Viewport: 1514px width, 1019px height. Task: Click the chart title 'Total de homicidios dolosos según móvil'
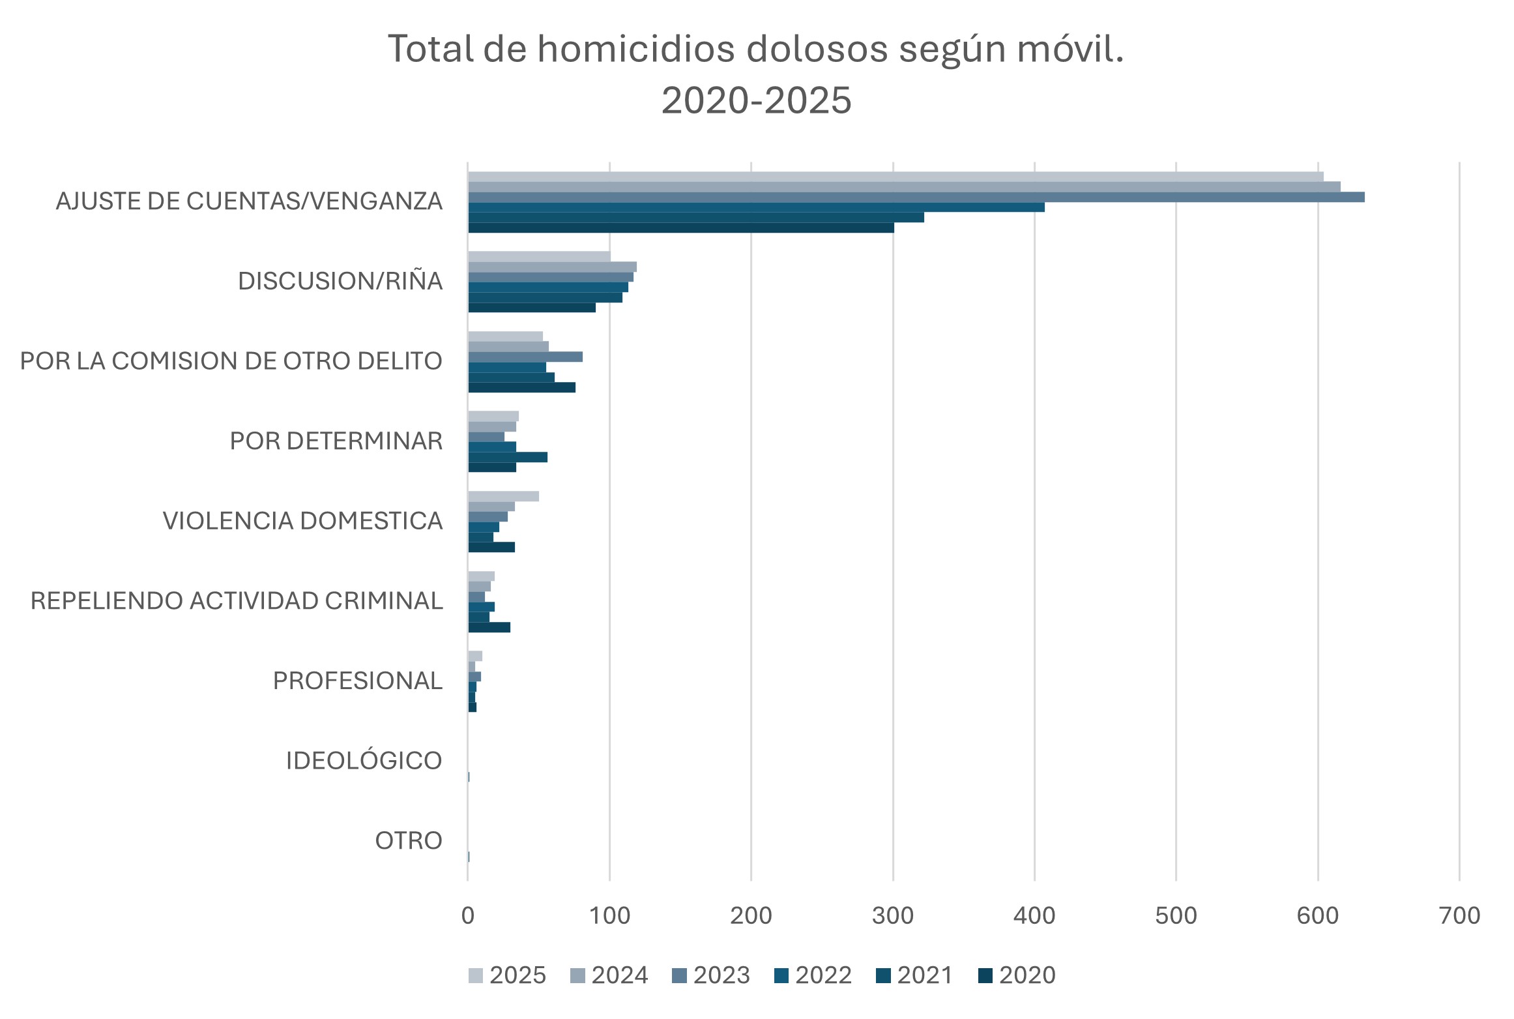coord(756,49)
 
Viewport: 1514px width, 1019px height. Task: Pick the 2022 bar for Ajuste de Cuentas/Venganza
coord(756,207)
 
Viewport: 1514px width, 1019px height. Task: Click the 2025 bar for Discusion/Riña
coord(539,256)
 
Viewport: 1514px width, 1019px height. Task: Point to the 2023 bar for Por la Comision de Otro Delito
coord(525,357)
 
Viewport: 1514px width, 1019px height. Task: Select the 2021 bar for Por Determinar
coord(508,457)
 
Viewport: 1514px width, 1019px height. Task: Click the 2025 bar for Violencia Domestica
coord(503,496)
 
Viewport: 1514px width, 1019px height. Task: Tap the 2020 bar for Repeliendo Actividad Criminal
coord(489,627)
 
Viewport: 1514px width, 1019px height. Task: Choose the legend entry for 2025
coord(507,975)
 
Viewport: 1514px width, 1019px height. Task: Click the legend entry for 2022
coord(813,975)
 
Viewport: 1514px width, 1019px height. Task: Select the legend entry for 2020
coord(1017,975)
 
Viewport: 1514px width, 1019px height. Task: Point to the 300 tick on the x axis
coord(892,916)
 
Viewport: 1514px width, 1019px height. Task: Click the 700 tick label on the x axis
coord(1459,916)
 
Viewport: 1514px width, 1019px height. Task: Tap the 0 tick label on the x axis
coord(467,916)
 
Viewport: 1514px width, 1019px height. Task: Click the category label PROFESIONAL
coord(357,681)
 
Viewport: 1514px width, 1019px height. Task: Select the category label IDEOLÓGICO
coord(364,761)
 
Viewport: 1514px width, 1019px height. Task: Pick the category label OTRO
coord(409,841)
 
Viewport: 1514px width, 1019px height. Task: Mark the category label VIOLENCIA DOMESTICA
coord(302,521)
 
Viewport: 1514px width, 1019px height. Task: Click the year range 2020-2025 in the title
coord(756,100)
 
